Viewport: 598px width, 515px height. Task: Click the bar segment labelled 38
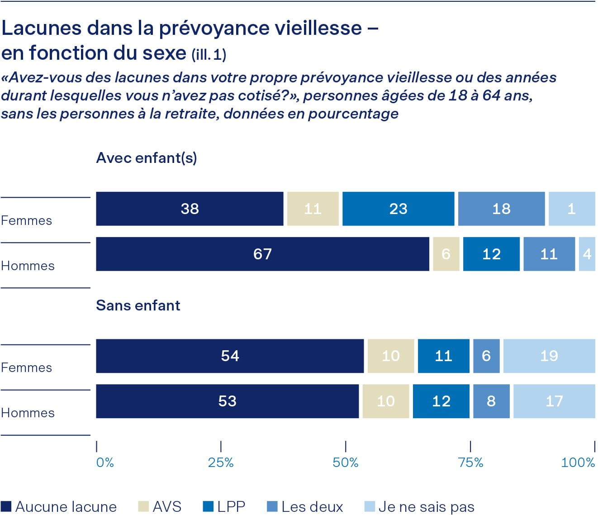click(x=190, y=209)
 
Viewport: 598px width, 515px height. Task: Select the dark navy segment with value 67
click(x=262, y=254)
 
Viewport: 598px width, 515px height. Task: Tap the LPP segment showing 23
click(x=398, y=209)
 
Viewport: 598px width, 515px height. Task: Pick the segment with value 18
click(x=501, y=209)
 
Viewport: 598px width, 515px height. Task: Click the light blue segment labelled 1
click(x=571, y=209)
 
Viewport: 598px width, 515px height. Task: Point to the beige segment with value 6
click(x=446, y=254)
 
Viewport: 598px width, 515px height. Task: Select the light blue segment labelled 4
click(x=587, y=254)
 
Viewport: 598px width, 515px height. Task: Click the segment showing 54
click(x=230, y=356)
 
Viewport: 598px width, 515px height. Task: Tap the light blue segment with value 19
click(x=549, y=356)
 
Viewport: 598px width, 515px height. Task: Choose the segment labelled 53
click(x=227, y=401)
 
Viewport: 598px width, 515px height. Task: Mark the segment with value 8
click(x=491, y=401)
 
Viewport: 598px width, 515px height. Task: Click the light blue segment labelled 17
click(x=554, y=401)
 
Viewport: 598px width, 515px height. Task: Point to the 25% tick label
click(x=221, y=462)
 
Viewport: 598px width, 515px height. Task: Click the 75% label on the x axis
click(x=470, y=462)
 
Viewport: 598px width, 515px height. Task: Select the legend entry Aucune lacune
click(x=59, y=506)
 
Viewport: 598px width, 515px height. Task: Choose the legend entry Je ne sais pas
click(x=419, y=506)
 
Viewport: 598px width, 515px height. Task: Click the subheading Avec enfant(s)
click(x=147, y=158)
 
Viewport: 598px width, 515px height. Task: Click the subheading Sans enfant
click(x=138, y=305)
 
